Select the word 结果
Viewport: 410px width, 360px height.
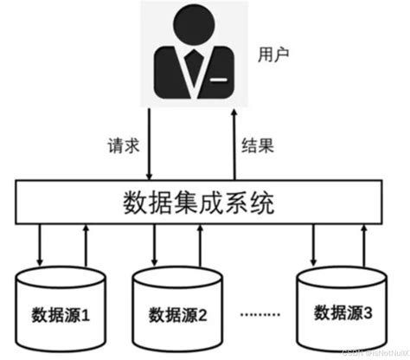tap(257, 145)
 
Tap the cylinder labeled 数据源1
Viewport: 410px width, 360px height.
tap(61, 307)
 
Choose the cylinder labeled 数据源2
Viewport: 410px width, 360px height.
tap(176, 307)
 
